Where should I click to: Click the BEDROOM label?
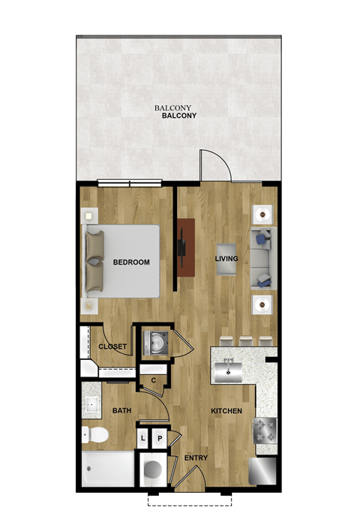point(131,262)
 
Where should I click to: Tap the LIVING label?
point(226,259)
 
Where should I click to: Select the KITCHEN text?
point(225,412)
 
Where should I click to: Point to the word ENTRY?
point(196,458)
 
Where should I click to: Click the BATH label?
point(121,411)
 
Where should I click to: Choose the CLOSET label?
point(112,346)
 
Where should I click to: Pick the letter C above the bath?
point(153,380)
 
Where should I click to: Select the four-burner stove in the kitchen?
point(265,430)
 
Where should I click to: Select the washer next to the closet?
point(156,343)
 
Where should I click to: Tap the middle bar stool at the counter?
point(244,342)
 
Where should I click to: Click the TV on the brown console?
point(180,247)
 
